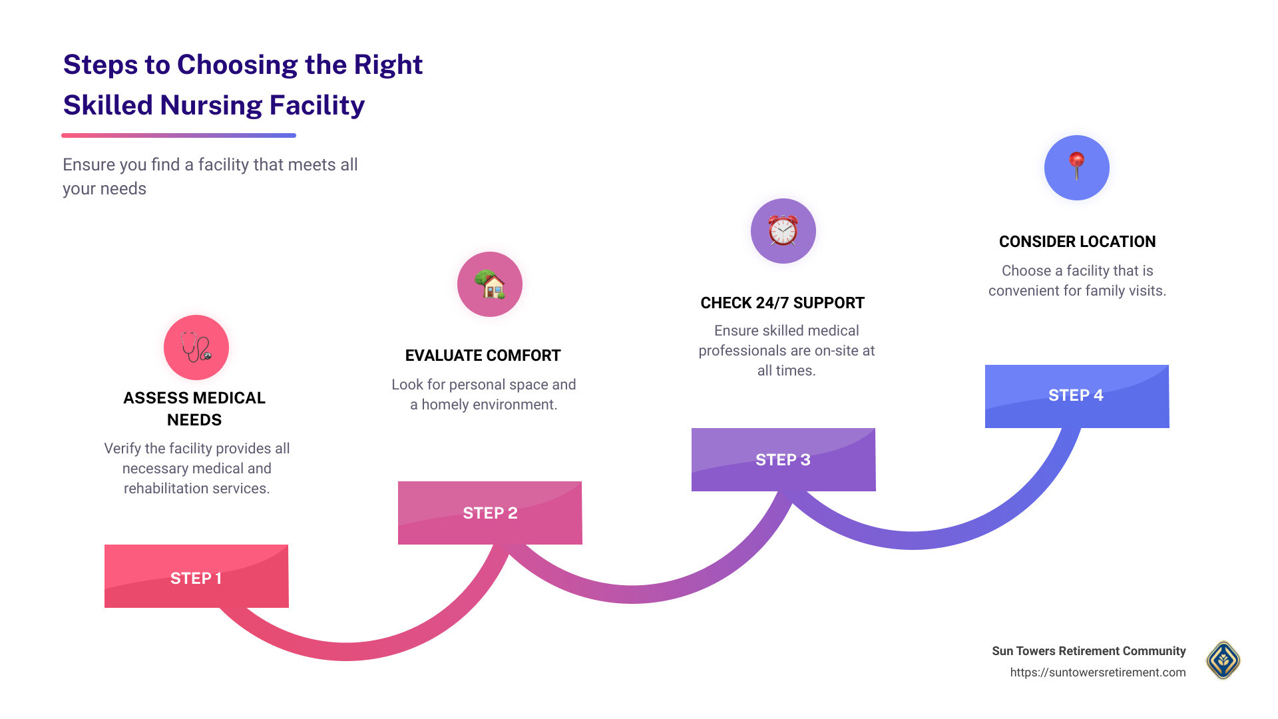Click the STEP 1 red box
coord(196,577)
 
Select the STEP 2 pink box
coord(490,513)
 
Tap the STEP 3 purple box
coord(783,459)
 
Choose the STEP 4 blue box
coord(1076,395)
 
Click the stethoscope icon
coord(196,348)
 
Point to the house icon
coord(490,284)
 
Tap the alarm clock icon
coord(783,231)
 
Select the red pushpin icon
coord(1076,167)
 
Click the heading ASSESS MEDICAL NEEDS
coord(194,408)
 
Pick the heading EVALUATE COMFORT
coord(483,356)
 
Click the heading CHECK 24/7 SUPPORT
coord(782,303)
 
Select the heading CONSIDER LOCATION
coord(1077,242)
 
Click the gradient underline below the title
coord(178,135)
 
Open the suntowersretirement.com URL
coord(1098,672)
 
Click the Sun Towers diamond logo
coord(1223,660)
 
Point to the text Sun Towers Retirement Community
coord(1088,651)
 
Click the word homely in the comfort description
coord(445,405)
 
